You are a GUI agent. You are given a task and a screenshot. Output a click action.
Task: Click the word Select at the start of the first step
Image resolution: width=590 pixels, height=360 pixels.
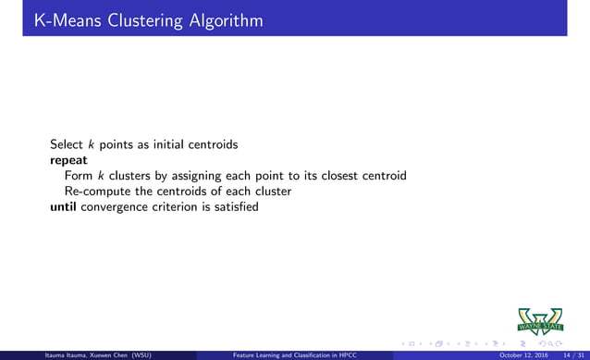pyautogui.click(x=67, y=144)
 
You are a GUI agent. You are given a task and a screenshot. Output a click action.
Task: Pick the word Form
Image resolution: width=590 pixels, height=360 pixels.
pyautogui.click(x=78, y=176)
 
